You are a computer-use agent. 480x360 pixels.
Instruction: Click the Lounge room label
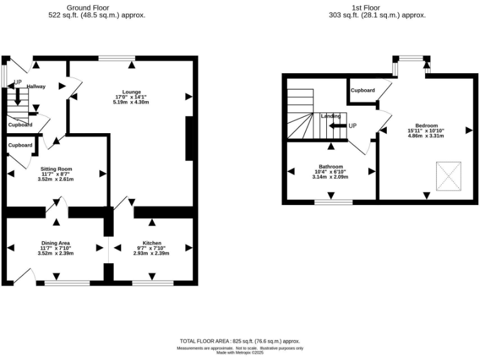[x=131, y=91]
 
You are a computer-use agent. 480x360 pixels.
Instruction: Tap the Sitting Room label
[x=56, y=169]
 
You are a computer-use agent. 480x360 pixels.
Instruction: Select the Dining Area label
[x=56, y=242]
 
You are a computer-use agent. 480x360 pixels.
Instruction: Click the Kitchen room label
[x=151, y=242]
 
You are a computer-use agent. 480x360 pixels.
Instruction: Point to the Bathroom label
[x=331, y=167]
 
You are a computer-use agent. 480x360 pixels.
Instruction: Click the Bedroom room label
[x=426, y=125]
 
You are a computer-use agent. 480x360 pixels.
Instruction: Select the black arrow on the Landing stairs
[x=337, y=126]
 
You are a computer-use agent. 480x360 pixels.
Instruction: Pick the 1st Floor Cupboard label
[x=362, y=91]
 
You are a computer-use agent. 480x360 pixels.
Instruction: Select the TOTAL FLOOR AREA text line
[x=240, y=341]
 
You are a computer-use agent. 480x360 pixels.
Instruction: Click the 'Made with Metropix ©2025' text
[x=240, y=352]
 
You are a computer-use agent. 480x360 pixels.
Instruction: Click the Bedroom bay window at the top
[x=411, y=59]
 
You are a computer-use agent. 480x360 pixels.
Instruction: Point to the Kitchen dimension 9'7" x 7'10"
[x=151, y=248]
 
